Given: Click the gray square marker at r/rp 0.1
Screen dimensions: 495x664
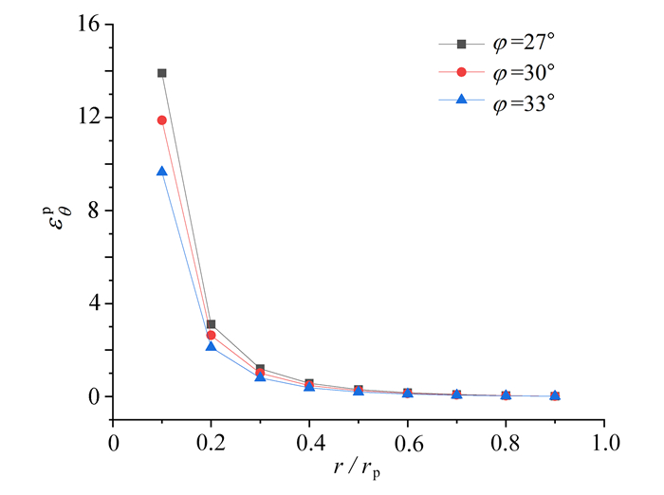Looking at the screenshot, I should coord(162,73).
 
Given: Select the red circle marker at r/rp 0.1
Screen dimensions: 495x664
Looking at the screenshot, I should coord(162,119).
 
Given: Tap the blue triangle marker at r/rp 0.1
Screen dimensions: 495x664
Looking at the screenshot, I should coord(162,172).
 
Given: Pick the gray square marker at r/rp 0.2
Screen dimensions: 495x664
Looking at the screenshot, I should coord(212,324).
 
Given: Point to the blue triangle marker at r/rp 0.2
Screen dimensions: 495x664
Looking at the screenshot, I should coord(212,347).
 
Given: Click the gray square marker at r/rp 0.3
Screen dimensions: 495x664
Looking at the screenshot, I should coord(261,369).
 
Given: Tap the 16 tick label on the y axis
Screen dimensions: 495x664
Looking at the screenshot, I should coord(88,26).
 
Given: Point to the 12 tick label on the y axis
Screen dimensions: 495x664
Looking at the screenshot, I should coord(88,118).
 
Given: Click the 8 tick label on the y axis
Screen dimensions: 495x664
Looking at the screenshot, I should coord(94,211).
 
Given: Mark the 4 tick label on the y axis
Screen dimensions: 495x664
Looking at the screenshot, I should coord(94,303).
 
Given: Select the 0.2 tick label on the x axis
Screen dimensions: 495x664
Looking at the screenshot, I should coord(212,443).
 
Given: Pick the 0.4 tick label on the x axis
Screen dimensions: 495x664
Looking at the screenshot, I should coord(310,443).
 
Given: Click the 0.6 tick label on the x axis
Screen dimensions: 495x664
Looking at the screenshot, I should coord(409,443).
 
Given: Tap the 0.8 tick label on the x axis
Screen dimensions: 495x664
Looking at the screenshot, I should coord(507,443).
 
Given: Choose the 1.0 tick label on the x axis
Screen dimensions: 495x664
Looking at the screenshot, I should coord(605,443).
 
